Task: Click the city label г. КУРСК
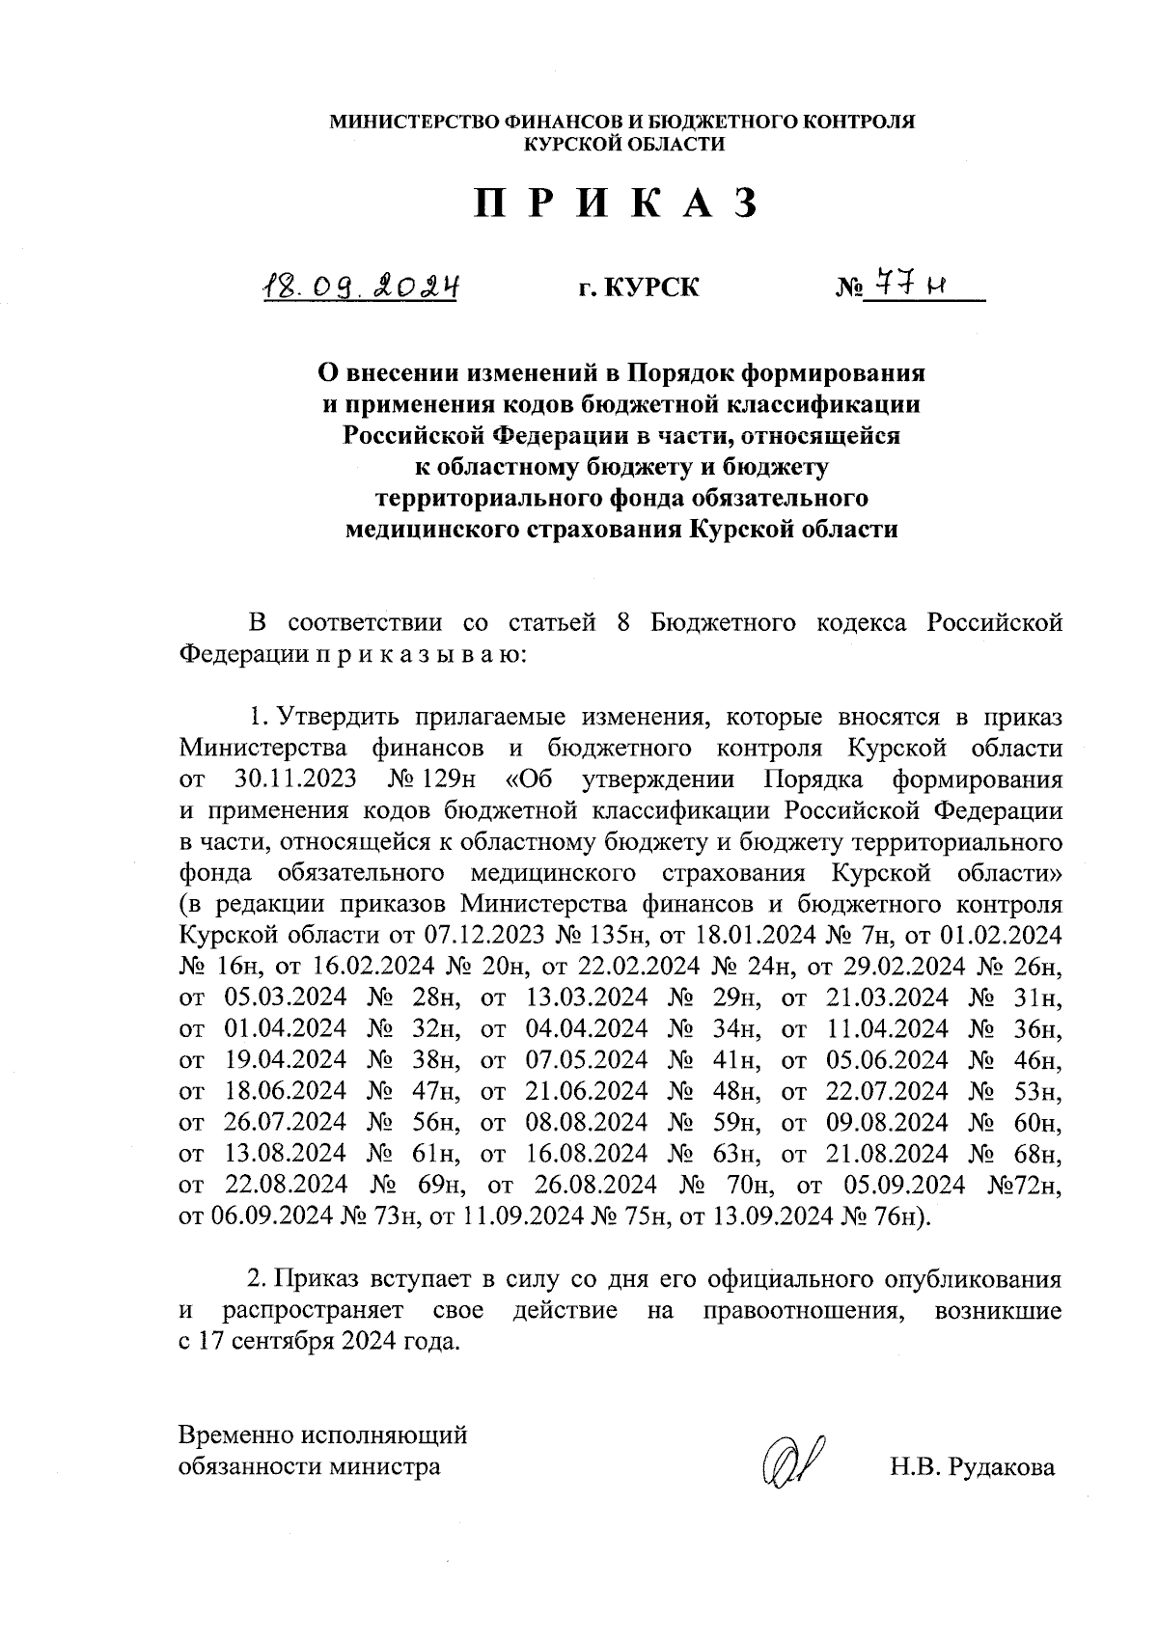[638, 287]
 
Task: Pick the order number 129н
[444, 779]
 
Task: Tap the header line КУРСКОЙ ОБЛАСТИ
[622, 144]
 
